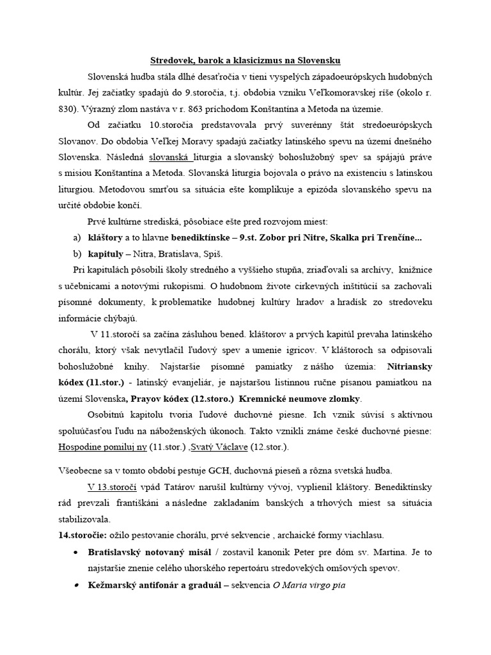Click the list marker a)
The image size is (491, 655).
pyautogui.click(x=77, y=238)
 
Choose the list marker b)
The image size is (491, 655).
pyautogui.click(x=77, y=254)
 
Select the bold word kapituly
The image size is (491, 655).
pyautogui.click(x=108, y=254)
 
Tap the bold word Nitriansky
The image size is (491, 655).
pyautogui.click(x=405, y=368)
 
